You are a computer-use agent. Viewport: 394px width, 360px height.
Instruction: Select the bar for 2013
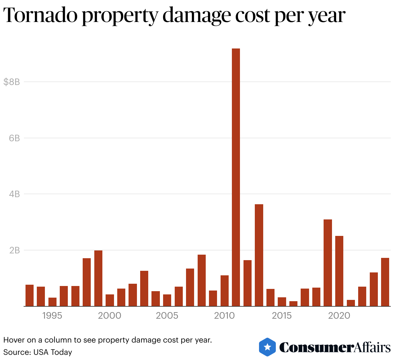point(259,255)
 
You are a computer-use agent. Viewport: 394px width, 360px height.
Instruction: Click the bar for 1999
point(98,278)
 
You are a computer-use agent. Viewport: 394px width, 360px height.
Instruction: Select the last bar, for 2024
point(385,282)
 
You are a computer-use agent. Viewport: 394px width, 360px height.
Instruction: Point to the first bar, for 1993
point(29,295)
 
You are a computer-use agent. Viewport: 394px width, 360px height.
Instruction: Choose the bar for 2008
point(202,280)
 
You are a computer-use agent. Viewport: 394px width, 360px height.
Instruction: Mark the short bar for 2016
point(293,303)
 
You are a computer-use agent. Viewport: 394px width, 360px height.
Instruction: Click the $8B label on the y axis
point(12,82)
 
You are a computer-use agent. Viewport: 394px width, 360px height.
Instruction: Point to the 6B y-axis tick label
point(15,138)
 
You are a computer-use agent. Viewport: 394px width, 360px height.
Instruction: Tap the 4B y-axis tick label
point(15,194)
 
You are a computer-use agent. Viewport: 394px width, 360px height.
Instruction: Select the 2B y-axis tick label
point(15,250)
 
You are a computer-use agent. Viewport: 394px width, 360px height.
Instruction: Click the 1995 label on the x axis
point(52,316)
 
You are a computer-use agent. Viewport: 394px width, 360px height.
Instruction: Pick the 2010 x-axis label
point(224,316)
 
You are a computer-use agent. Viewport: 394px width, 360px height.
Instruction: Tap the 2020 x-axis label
point(339,316)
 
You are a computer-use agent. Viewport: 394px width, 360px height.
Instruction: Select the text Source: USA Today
point(37,352)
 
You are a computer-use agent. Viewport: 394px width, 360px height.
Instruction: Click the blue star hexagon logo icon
point(267,347)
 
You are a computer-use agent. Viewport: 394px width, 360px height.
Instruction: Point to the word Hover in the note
point(12,340)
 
